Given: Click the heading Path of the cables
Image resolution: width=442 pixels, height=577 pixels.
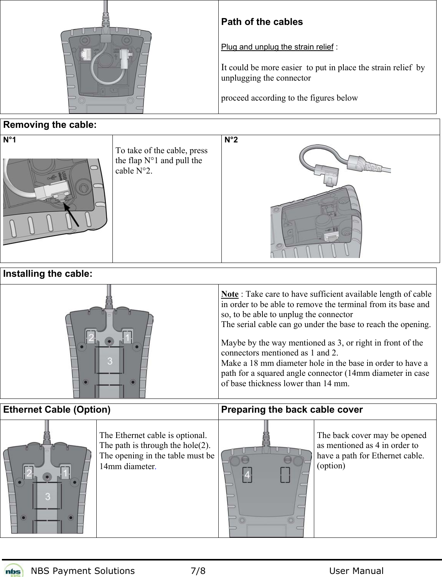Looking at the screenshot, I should tap(262, 22).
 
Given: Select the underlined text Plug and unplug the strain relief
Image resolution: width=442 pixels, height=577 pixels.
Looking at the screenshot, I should tap(277, 47).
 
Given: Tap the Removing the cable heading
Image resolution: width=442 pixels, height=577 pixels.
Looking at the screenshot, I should tap(50, 125).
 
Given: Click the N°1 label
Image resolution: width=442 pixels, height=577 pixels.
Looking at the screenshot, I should tap(10, 140).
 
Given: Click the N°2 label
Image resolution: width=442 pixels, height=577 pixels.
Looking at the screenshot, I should tap(231, 140).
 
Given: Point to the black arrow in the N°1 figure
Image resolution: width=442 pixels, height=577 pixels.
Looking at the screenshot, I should tap(71, 215).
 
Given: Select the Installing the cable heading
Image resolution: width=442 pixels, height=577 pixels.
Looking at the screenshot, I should tap(48, 274).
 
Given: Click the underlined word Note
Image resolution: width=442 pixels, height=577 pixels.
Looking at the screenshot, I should tap(230, 294).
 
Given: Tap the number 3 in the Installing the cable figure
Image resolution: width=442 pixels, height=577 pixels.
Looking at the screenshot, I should tap(110, 361).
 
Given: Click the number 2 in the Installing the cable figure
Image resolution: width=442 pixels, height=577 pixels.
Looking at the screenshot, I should tap(91, 338).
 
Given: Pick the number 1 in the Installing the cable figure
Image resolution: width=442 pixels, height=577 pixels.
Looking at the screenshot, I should tap(127, 338).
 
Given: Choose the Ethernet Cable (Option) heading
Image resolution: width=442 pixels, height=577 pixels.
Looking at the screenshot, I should tap(57, 410).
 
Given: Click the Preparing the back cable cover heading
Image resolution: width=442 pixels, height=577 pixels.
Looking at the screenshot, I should tap(292, 410).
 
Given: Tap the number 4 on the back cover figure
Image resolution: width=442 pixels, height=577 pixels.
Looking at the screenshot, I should tap(247, 475).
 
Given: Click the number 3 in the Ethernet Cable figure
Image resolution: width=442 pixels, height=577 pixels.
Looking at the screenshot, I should tap(48, 496).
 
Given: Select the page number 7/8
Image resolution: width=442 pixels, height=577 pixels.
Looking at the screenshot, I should tap(198, 571).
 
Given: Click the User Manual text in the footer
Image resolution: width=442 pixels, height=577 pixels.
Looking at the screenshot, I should tap(356, 571).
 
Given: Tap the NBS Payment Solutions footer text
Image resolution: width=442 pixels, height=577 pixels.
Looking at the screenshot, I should tap(83, 571).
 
